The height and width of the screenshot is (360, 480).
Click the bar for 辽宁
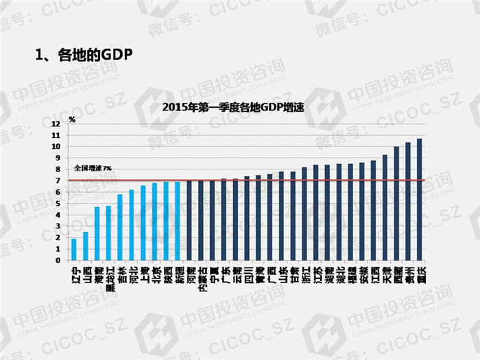point(73,250)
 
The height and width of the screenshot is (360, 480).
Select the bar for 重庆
point(419,200)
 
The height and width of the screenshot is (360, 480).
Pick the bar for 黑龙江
point(108,233)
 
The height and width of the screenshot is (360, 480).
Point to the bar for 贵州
point(408,202)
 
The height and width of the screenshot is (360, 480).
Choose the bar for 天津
point(385,208)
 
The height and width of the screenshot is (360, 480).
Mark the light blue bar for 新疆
point(178,221)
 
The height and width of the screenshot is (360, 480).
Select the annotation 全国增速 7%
point(93,168)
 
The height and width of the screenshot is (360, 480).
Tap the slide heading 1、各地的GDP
point(83,54)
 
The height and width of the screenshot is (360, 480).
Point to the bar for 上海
point(143,223)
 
